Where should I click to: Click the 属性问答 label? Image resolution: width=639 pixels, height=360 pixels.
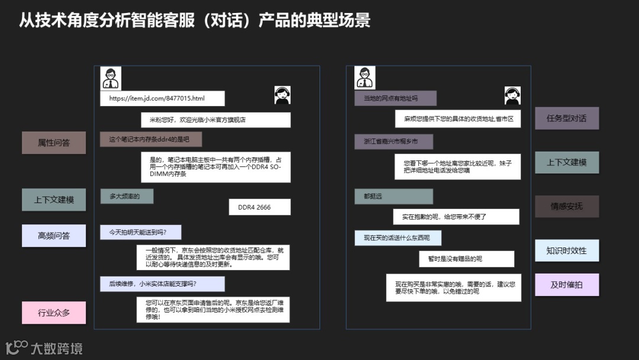(54, 143)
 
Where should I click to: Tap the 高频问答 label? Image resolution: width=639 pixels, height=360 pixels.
(54, 236)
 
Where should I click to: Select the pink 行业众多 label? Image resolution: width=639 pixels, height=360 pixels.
(54, 313)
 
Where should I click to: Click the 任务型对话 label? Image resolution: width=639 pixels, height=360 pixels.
(567, 118)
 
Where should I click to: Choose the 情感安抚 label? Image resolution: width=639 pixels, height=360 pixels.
(567, 207)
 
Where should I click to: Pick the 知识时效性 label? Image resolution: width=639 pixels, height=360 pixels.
(567, 250)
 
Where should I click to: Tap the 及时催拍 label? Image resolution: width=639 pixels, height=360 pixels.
(567, 285)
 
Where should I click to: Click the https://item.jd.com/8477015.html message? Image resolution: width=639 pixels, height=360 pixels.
(162, 98)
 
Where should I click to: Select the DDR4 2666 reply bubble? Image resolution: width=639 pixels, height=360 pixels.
(260, 207)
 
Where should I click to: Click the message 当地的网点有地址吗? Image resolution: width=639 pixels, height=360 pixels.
(395, 98)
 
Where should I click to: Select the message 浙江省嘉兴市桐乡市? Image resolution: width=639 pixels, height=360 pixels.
(393, 142)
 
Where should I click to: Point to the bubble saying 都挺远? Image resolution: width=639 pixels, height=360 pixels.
(393, 197)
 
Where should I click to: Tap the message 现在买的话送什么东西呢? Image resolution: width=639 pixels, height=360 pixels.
(398, 239)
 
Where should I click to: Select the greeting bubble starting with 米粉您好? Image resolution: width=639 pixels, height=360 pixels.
(215, 120)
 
